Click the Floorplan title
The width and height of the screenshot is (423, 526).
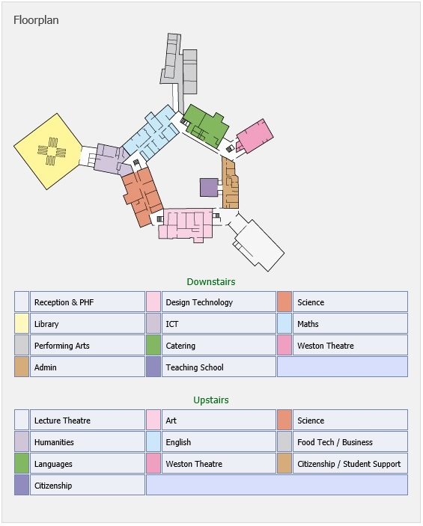(36, 20)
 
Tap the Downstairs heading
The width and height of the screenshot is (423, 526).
(211, 282)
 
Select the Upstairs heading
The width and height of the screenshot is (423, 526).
(211, 400)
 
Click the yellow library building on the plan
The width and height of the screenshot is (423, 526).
(48, 151)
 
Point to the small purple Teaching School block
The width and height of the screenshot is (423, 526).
(209, 187)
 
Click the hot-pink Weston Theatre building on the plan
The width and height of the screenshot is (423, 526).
(255, 136)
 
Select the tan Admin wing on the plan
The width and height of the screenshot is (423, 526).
(231, 183)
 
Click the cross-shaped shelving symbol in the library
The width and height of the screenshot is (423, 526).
(52, 152)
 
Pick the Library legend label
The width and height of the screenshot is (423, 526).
(46, 324)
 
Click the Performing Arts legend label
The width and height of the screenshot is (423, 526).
(62, 346)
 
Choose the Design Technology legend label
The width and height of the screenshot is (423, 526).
(199, 302)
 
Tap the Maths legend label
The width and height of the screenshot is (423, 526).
(308, 324)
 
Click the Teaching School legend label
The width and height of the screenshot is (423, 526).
(195, 367)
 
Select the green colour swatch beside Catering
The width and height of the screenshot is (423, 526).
(153, 345)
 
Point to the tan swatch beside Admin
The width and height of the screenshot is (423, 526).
(22, 367)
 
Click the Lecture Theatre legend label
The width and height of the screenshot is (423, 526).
(62, 421)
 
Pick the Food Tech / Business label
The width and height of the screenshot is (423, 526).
(335, 442)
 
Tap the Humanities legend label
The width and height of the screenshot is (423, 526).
(54, 442)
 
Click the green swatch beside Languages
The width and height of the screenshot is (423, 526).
(22, 463)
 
